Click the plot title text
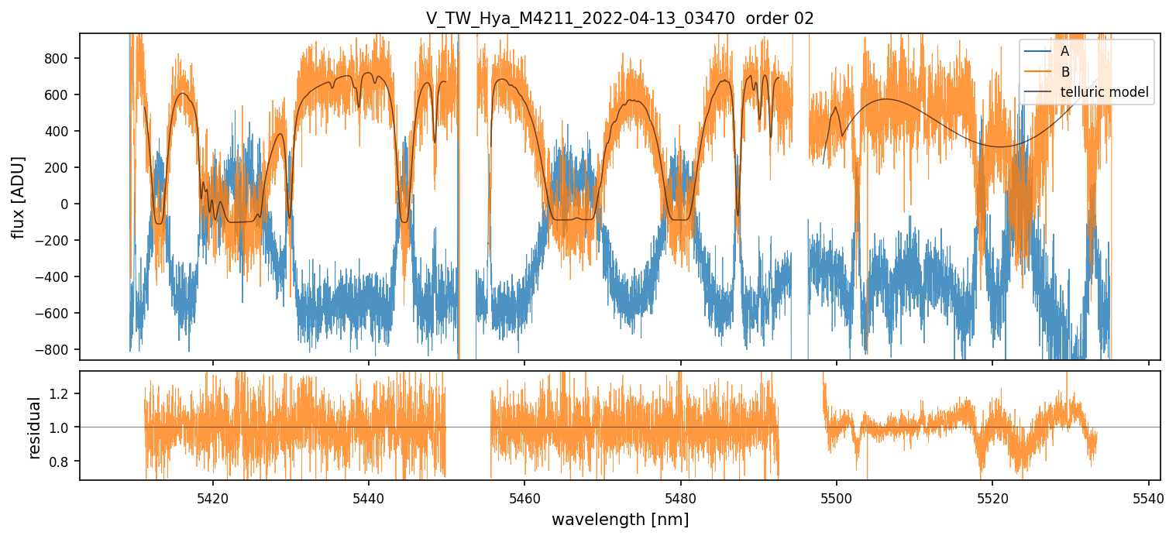click(620, 19)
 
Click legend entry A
click(1065, 51)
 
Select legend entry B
click(1065, 72)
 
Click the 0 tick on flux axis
click(67, 204)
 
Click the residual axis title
click(34, 427)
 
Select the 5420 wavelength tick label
click(213, 496)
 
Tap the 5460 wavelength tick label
click(524, 496)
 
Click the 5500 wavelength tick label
click(837, 496)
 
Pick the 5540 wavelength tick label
click(1148, 496)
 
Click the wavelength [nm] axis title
click(620, 519)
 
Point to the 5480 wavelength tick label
click(680, 496)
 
